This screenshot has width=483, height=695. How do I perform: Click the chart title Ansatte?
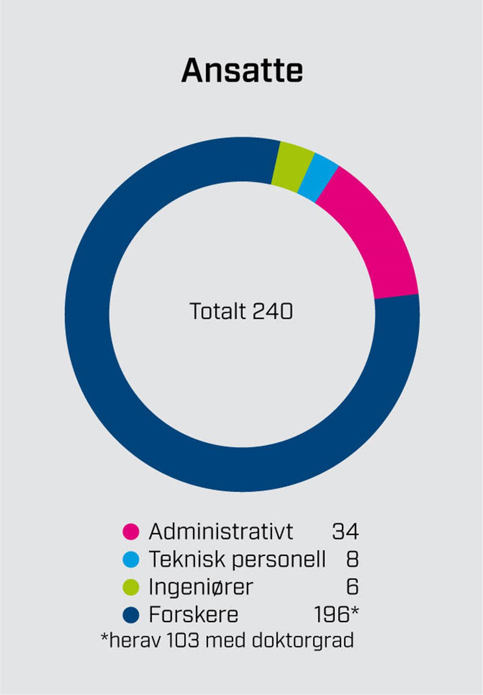point(242,71)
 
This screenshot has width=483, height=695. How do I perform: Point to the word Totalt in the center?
point(218,311)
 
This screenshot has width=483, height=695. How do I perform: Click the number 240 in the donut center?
point(272,311)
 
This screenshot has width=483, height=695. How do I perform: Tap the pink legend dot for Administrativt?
point(131,532)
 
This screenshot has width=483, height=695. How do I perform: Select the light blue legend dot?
point(131,559)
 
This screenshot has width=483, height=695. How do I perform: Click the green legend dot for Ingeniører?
point(131,587)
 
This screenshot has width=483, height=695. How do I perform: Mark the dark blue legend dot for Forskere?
point(131,614)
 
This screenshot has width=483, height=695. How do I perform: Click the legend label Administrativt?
point(221,532)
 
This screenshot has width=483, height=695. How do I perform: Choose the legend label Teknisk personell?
point(237,559)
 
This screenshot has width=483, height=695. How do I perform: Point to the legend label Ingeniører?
point(201,587)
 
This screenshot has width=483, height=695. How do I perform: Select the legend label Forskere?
point(193,614)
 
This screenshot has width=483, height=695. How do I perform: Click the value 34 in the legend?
point(345,532)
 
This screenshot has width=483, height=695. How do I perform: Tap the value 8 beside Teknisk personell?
point(352,559)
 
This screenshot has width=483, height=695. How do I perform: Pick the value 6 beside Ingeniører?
point(352,587)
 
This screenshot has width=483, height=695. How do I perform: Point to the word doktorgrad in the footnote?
point(303,640)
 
